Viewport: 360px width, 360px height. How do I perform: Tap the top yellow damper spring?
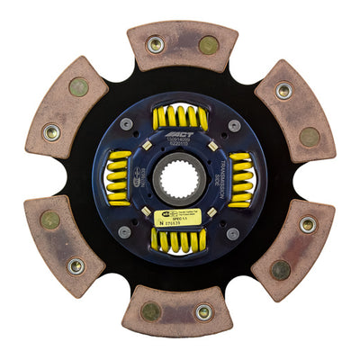[180, 118]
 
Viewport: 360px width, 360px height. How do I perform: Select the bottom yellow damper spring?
[179, 238]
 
